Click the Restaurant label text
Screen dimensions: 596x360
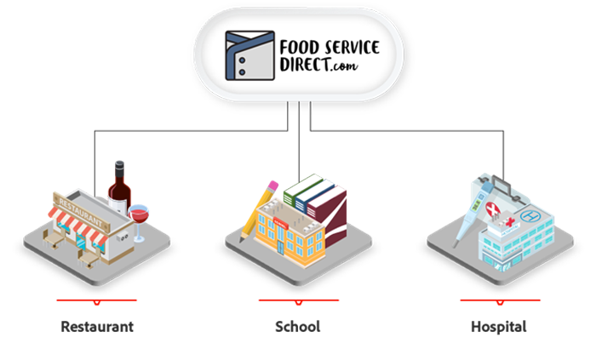point(97,327)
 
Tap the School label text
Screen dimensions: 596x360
point(298,327)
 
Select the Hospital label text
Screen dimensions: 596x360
point(499,327)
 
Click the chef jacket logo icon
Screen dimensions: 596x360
point(249,55)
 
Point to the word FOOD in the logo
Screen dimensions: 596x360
point(300,48)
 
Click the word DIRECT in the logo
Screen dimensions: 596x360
point(305,64)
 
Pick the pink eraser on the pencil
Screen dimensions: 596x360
point(273,186)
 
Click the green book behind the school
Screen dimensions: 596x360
point(303,191)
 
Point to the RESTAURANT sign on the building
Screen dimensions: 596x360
point(81,212)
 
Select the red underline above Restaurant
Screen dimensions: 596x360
point(96,300)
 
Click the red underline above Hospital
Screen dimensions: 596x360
point(501,300)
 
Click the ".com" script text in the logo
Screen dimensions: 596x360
point(344,66)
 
